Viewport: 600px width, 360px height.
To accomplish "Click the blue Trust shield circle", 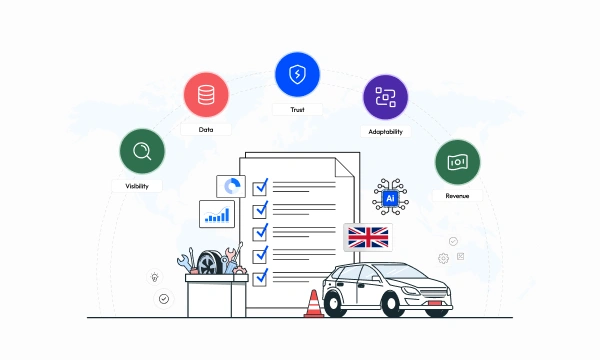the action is point(297,74).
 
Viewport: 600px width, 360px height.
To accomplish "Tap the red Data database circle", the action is point(206,94).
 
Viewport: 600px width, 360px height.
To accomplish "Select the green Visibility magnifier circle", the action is point(142,151).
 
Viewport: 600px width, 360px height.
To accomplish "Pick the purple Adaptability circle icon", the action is point(385,97).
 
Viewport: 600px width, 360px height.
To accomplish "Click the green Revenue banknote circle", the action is point(458,162).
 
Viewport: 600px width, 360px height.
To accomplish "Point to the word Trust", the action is point(297,110).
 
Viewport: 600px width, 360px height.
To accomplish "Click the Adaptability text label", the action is point(385,132).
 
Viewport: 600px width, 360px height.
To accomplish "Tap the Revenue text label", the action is point(457,196).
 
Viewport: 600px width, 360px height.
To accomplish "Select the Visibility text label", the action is point(137,186).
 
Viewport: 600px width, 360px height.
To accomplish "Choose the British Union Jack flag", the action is point(368,238).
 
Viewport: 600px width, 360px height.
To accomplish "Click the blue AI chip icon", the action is point(390,198).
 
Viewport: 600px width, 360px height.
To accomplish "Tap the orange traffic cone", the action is point(314,304).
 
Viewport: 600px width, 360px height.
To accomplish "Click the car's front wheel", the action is point(392,304).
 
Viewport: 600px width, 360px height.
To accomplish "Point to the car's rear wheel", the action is point(334,304).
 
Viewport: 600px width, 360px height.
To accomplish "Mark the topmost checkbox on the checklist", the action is point(260,188).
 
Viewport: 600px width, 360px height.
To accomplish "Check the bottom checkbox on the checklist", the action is point(260,278).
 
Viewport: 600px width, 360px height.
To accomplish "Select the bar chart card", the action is point(217,214).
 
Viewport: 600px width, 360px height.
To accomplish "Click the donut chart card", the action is point(231,186).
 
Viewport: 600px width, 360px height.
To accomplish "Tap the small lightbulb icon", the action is point(155,277).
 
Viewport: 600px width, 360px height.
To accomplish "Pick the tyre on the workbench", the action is point(210,262).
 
